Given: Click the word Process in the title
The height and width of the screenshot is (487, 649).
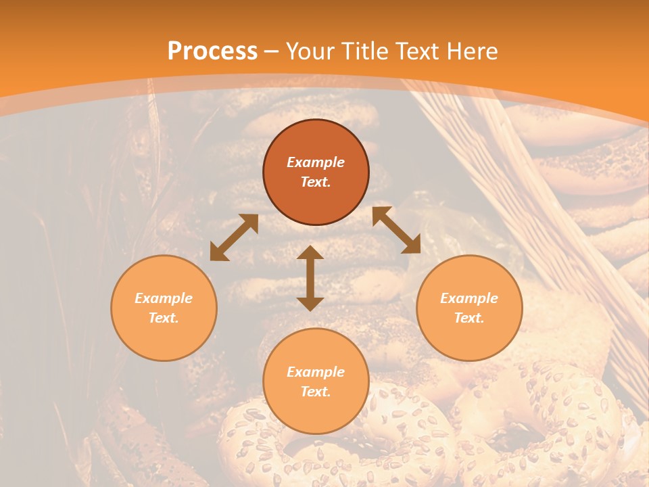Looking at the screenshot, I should pos(212,51).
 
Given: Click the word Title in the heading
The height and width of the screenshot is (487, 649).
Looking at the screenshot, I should pos(364,51).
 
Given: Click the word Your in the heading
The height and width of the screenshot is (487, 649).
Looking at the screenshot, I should pos(311,51).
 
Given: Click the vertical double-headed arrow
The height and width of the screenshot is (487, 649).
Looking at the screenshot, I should pos(310,278).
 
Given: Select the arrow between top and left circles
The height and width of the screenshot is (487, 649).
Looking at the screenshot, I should pos(234,237).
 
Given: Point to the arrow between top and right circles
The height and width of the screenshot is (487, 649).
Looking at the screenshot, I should pos(396,230).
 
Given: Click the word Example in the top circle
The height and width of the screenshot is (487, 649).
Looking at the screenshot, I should pos(316,162).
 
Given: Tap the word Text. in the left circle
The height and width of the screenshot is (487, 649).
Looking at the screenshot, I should pos(164,318).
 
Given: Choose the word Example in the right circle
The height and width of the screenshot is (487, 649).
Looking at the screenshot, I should pos(469,298).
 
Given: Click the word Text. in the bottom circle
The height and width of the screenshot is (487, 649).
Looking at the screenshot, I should pos(316,392).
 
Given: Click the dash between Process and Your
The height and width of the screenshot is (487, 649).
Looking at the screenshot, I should pos(272,51).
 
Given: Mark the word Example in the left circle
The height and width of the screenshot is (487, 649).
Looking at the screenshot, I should pos(164,298).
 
